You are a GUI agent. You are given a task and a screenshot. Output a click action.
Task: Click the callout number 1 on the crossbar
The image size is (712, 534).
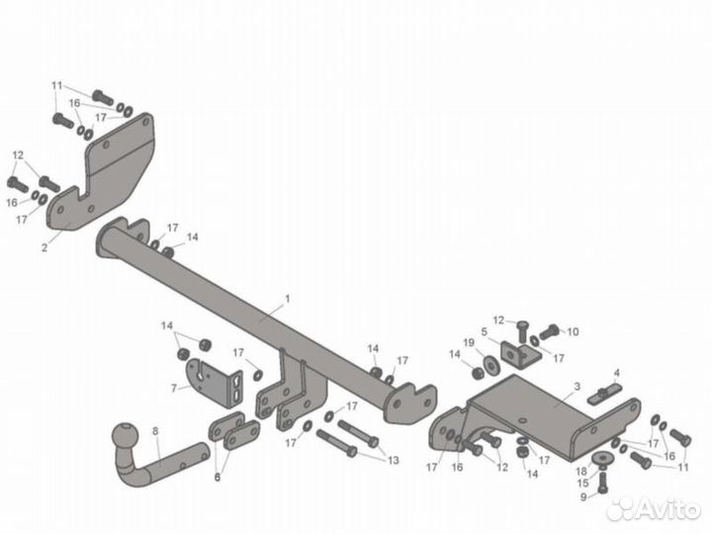pyautogui.click(x=287, y=299)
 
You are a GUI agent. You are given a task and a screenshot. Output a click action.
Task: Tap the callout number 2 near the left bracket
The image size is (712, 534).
pyautogui.click(x=44, y=248)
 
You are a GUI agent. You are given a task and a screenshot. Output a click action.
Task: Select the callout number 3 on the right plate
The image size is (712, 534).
pyautogui.click(x=577, y=387)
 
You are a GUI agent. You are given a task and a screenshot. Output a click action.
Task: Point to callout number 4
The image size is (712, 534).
pyautogui.click(x=616, y=373)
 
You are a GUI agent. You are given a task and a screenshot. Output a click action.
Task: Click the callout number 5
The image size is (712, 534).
pyautogui.click(x=484, y=332)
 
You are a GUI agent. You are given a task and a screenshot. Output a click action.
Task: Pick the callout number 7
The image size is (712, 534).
pyautogui.click(x=174, y=389)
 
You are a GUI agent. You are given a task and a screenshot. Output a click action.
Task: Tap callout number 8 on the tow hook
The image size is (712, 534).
pyautogui.click(x=155, y=431)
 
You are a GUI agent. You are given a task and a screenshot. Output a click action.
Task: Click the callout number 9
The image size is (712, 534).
pyautogui.click(x=583, y=497)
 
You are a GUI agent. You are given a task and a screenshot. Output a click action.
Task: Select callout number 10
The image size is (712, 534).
pyautogui.click(x=573, y=332)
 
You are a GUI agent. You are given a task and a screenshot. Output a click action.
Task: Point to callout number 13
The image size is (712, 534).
pyautogui.click(x=394, y=461)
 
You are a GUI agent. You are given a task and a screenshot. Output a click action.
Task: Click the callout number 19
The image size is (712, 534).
pyautogui.click(x=469, y=342)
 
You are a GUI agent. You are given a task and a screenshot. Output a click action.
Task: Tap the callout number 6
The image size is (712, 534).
pyautogui.click(x=217, y=478)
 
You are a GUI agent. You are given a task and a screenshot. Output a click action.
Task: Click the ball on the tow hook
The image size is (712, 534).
pyautogui.click(x=125, y=437)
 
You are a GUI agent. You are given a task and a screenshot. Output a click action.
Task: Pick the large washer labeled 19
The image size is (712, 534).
pyautogui.click(x=489, y=365)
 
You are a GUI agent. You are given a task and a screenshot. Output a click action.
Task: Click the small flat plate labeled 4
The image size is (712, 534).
pyautogui.click(x=604, y=394)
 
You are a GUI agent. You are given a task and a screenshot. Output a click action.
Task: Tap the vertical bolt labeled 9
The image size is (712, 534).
pyautogui.click(x=602, y=484)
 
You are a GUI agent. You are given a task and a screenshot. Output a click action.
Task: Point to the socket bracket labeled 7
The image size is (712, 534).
pyautogui.click(x=214, y=383)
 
